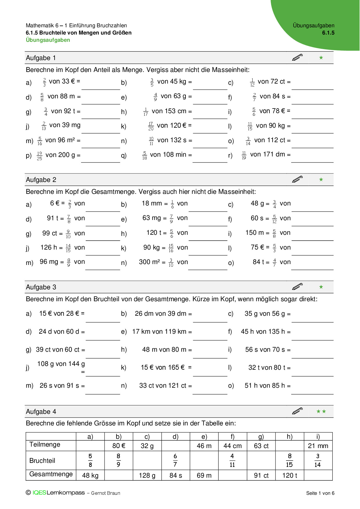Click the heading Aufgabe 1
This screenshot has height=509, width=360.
pyautogui.click(x=41, y=58)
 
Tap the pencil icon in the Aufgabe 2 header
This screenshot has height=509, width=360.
pyautogui.click(x=297, y=179)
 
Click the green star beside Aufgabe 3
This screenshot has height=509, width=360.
pyautogui.click(x=321, y=287)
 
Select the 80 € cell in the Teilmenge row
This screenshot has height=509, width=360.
pyautogui.click(x=119, y=446)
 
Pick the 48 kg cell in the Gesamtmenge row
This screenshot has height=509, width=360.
pyautogui.click(x=90, y=475)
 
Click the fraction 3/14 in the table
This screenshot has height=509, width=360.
pyautogui.click(x=318, y=460)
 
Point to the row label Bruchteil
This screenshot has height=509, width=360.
pyautogui.click(x=42, y=461)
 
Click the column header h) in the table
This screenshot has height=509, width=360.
pyautogui.click(x=289, y=437)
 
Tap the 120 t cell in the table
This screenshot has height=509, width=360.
pyautogui.click(x=290, y=475)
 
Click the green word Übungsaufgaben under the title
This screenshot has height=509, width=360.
pyautogui.click(x=48, y=40)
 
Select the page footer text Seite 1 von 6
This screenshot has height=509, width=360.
pyautogui.click(x=320, y=493)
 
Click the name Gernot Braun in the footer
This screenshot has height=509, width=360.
pyautogui.click(x=106, y=493)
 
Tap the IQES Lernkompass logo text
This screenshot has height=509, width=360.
pyautogui.click(x=59, y=493)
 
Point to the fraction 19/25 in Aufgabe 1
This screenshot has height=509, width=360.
pyautogui.click(x=39, y=156)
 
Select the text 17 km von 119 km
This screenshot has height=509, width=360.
pyautogui.click(x=159, y=331)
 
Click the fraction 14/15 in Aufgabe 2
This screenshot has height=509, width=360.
pyautogui.click(x=68, y=248)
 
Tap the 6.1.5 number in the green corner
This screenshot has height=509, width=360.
pyautogui.click(x=328, y=33)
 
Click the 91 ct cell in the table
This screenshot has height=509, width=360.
pyautogui.click(x=261, y=475)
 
